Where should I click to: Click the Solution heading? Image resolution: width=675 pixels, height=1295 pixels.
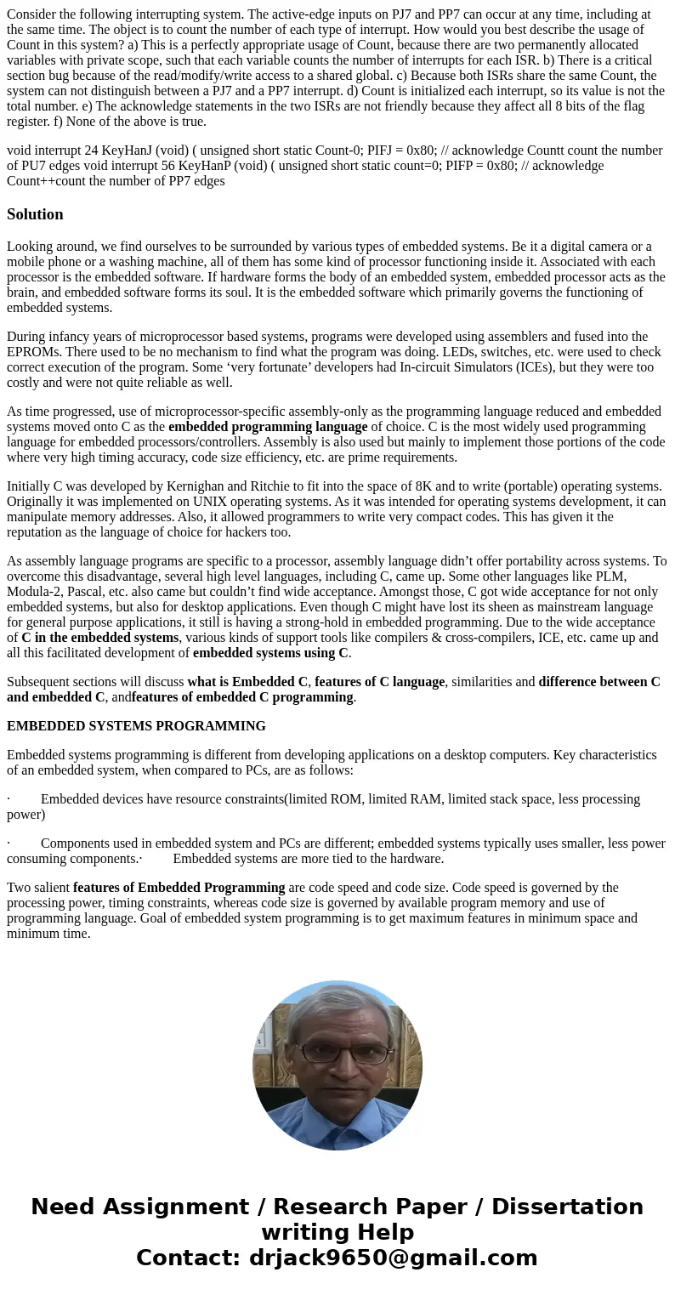35,214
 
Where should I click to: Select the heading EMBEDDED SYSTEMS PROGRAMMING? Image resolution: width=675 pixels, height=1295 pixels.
136,726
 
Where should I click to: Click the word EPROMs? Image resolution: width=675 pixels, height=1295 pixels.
31,352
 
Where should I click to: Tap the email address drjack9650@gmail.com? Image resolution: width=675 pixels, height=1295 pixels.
393,1258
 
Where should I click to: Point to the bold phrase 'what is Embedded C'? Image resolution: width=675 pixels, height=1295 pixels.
247,682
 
